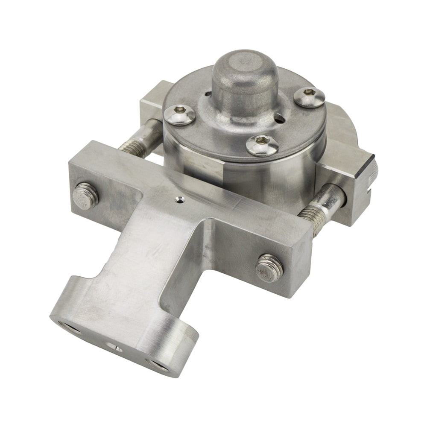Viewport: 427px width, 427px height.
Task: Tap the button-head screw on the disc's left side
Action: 180,115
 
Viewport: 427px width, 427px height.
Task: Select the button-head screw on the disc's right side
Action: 310,97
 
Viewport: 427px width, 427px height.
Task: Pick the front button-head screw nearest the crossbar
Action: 262,145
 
